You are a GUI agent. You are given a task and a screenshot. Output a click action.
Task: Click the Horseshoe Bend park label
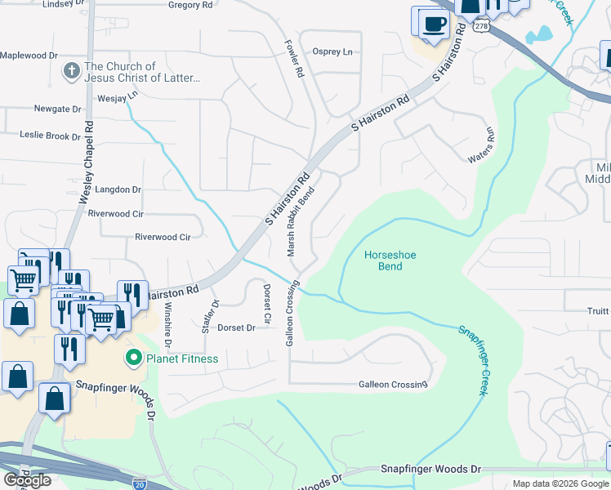(390, 261)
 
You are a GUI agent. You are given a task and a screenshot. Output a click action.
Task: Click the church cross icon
(71, 72)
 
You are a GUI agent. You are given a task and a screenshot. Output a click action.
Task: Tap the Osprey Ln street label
(332, 51)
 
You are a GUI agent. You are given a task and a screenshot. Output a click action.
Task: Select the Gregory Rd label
(190, 5)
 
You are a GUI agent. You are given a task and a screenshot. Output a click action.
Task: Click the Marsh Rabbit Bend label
(300, 221)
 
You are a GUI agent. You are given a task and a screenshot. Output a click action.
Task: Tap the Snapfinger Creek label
(473, 360)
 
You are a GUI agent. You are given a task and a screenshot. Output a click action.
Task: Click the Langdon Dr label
(118, 189)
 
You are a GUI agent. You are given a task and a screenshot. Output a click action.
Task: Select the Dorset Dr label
(236, 327)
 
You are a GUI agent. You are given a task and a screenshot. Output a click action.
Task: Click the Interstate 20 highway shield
(140, 483)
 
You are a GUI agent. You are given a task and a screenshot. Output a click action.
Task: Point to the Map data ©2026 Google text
(560, 483)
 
